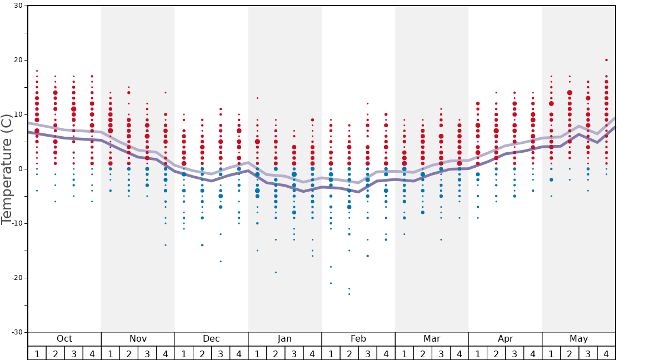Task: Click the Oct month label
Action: (x=64, y=339)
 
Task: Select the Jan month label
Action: (x=284, y=339)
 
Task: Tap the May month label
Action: (x=578, y=339)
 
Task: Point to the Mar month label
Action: (x=432, y=339)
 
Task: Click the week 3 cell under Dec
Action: (x=221, y=353)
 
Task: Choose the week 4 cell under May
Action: (x=606, y=353)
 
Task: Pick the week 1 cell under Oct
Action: (x=37, y=353)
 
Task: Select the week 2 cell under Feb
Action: (x=349, y=353)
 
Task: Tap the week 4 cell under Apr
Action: (x=533, y=353)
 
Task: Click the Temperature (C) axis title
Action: (x=7, y=169)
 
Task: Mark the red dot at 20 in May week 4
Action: (x=606, y=60)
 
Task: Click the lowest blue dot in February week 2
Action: (x=349, y=294)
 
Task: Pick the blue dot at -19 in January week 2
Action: (x=276, y=272)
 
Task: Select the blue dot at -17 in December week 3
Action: (x=221, y=261)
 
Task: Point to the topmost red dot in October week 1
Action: (x=37, y=71)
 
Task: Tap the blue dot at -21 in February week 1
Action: (x=331, y=283)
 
